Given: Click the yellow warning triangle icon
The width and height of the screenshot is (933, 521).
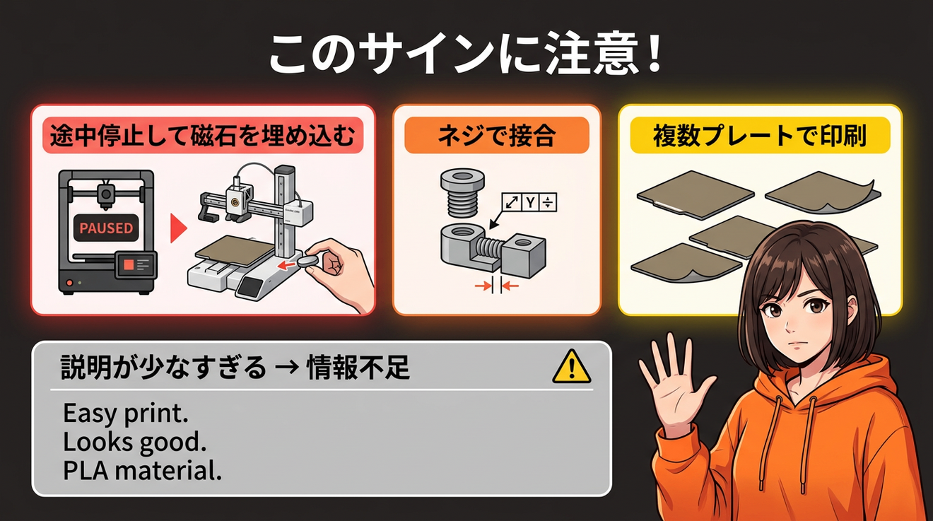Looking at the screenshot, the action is pos(571,368).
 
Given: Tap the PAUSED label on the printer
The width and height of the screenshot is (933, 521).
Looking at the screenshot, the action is pos(106,228).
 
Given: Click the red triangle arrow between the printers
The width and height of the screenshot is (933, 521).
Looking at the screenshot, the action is pos(178,228).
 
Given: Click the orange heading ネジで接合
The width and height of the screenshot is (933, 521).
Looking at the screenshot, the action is pos(496,135).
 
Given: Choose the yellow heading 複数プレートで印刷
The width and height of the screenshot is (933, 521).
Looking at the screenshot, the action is pos(760,135).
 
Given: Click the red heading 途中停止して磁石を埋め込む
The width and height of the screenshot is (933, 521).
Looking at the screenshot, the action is pos(203,135).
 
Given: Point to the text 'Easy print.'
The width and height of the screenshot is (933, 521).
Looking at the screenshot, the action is pos(125,414).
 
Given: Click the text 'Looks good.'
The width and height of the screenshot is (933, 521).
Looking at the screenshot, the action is pos(134,442).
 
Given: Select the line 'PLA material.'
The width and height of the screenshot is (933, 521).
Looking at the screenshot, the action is pos(142,471).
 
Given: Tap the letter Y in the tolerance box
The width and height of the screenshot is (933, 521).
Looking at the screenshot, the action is pos(530,203).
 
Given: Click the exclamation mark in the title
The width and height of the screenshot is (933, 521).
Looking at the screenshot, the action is pos(655,54).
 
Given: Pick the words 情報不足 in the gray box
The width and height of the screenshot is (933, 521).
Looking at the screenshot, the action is pos(358,368).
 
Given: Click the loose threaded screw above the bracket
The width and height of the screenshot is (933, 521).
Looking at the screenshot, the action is pos(462,192).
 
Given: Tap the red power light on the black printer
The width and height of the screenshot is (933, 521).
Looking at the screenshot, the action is pos(69,283).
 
